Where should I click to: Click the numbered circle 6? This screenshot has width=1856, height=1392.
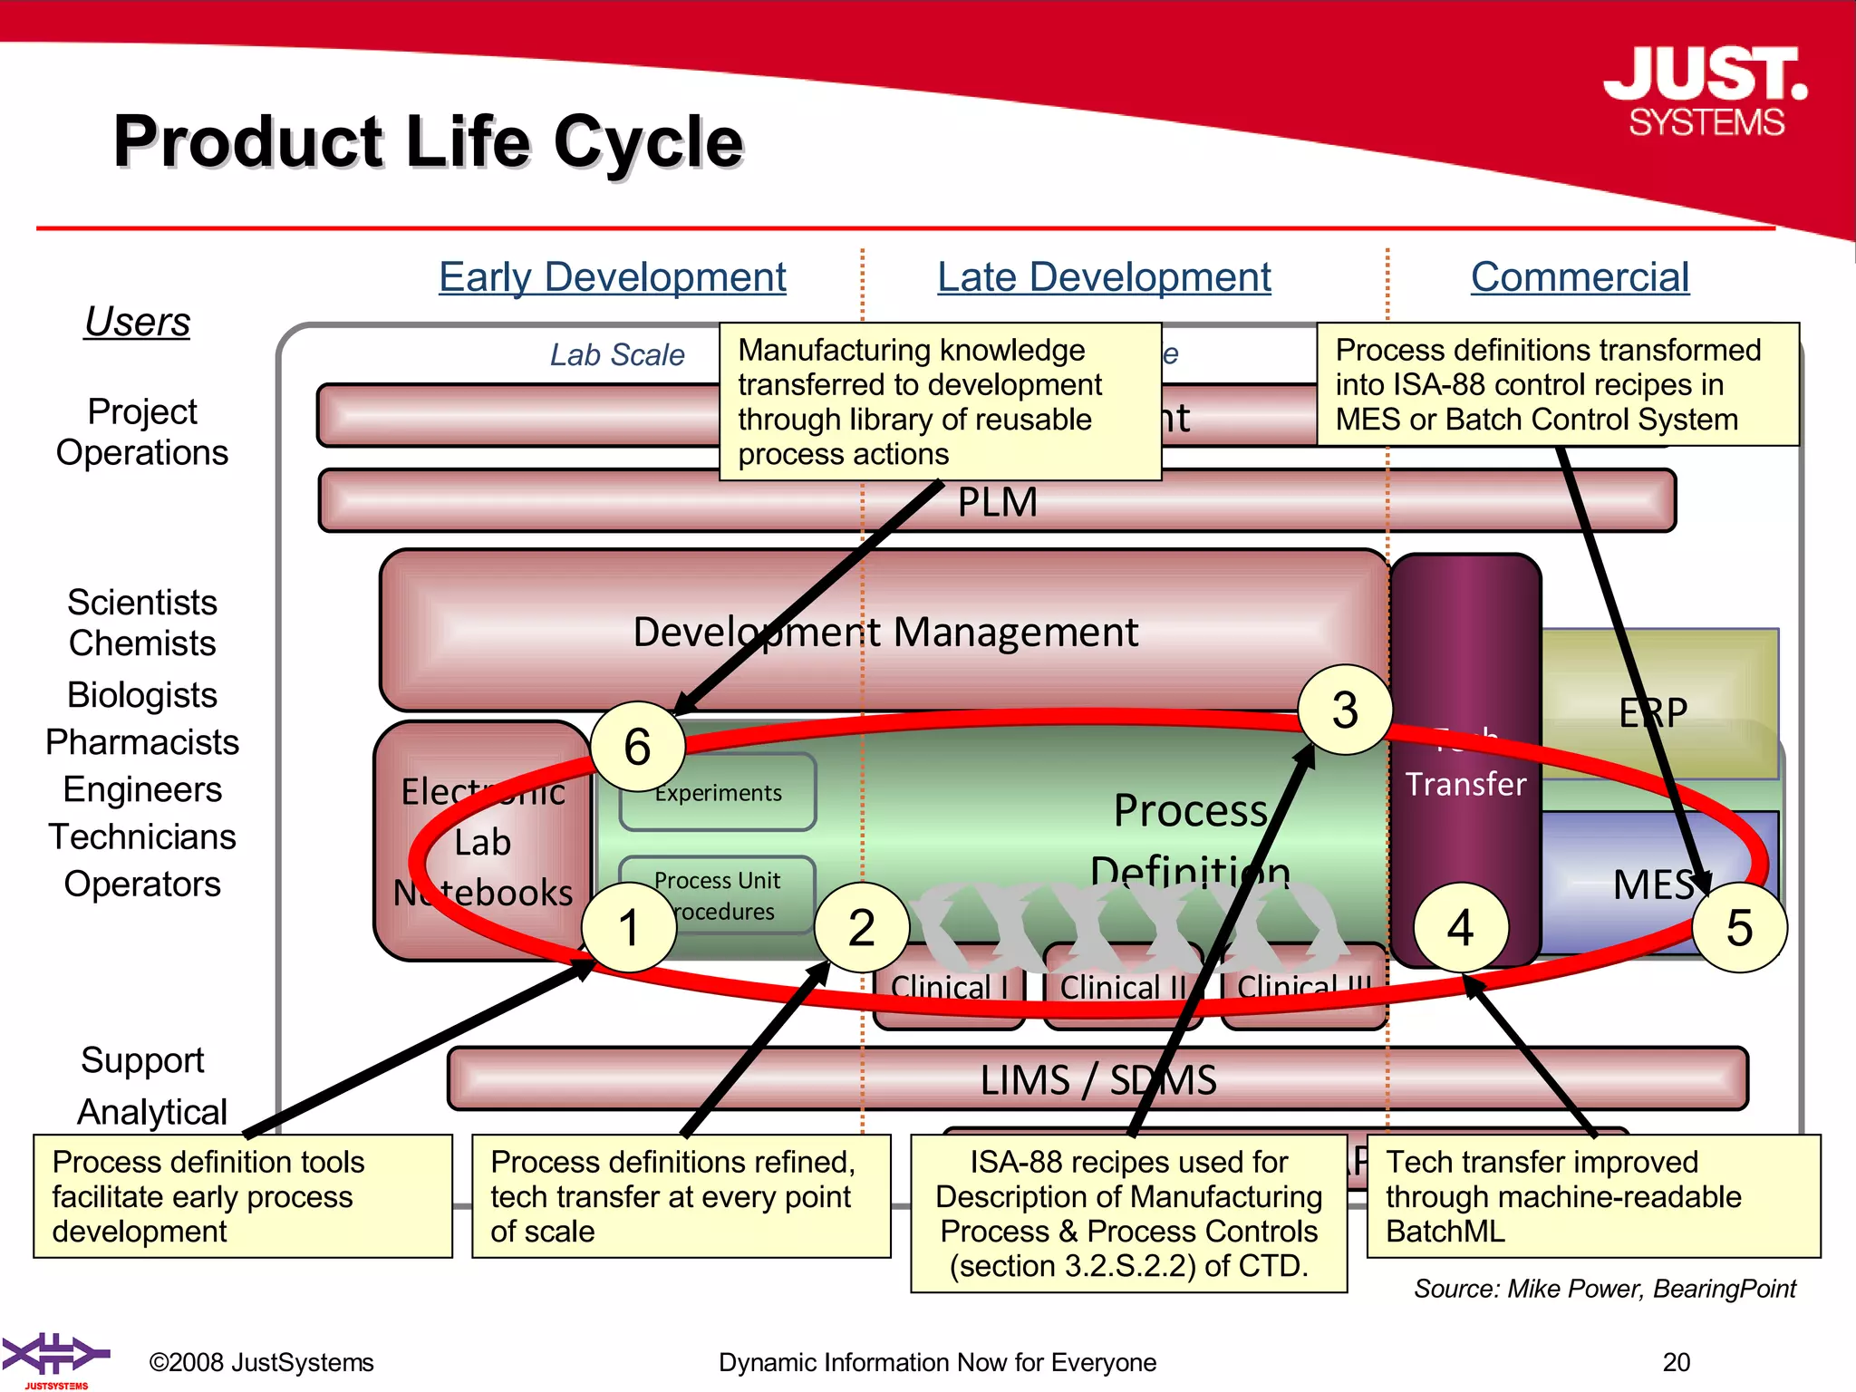637,747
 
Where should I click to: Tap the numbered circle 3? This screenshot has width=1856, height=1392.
1345,710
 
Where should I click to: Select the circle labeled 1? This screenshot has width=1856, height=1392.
628,928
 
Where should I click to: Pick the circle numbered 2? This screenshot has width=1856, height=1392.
861,928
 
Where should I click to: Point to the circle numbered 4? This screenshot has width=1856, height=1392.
1460,928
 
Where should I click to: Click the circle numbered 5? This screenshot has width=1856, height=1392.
1739,928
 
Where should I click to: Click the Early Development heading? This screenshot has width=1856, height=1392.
613,277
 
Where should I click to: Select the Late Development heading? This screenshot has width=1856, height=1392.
1104,277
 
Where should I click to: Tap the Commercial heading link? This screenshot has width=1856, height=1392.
1580,277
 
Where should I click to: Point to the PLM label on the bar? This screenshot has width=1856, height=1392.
997,502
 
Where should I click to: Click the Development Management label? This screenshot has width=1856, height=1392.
884,632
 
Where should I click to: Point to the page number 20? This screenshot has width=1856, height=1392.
1676,1362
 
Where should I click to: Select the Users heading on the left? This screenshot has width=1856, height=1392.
138,322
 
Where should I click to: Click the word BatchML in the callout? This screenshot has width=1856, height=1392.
1445,1232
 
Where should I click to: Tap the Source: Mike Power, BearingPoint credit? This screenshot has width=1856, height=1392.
1604,1289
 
